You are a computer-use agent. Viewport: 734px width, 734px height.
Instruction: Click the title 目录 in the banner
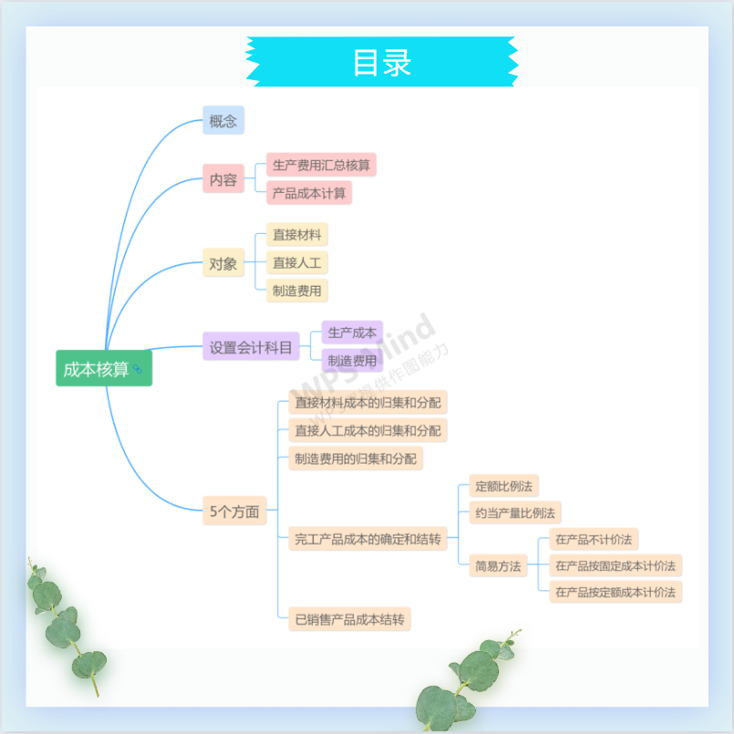click(382, 62)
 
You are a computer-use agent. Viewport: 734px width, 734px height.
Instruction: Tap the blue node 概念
click(223, 120)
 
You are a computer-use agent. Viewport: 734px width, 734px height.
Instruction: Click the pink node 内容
click(223, 179)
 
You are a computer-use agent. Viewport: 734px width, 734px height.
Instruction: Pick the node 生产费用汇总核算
click(321, 165)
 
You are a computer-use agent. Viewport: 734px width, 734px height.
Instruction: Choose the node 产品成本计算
click(308, 193)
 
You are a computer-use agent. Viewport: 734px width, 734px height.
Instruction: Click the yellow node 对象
click(223, 264)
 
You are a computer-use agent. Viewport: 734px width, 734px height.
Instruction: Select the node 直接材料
click(296, 235)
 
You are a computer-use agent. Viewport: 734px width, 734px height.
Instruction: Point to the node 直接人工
click(296, 263)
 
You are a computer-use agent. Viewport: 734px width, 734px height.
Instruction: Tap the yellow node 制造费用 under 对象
click(296, 291)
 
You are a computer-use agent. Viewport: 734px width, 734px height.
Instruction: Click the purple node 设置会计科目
click(251, 347)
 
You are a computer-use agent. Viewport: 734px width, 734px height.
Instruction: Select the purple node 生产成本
click(352, 332)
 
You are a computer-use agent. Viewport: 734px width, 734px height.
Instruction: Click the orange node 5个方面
click(234, 511)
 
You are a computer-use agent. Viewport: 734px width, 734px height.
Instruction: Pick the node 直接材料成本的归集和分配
click(367, 402)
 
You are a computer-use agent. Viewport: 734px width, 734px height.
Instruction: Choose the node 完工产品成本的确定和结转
click(367, 539)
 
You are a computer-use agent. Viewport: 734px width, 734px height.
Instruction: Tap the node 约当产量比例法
click(514, 513)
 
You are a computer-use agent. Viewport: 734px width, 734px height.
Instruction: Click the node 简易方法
click(498, 566)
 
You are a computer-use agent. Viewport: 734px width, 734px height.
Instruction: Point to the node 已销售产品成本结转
click(349, 619)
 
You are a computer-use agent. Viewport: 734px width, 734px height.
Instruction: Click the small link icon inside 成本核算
click(138, 369)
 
